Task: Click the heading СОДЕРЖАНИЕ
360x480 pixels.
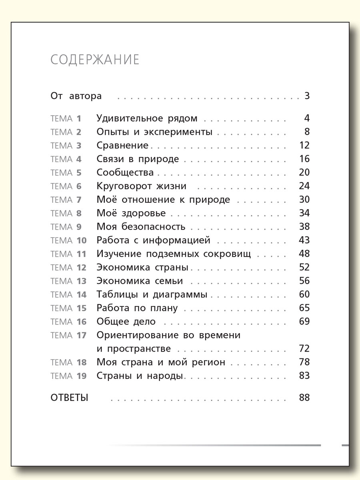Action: coord(95,60)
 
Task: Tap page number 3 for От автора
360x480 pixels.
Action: coord(307,96)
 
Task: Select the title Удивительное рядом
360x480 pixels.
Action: coord(147,118)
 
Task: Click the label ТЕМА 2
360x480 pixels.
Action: coord(66,132)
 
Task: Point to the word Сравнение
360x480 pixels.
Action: coord(122,146)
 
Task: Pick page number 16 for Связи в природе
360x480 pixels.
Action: coord(304,159)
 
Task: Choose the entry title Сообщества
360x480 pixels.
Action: coord(125,173)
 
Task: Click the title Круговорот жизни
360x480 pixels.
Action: coord(142,186)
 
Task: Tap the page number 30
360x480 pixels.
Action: coord(304,200)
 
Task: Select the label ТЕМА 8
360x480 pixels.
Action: coord(66,213)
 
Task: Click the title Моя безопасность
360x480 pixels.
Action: coord(141,227)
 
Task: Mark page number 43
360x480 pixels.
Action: coord(304,240)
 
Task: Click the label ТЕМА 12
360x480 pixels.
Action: coord(68,268)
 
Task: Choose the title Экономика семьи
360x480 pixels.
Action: coord(140,281)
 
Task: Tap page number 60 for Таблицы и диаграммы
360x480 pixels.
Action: coord(304,295)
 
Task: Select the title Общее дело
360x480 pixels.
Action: coord(126,322)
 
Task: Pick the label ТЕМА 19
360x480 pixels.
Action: coord(68,376)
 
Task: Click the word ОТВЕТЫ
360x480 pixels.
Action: coord(69,398)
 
